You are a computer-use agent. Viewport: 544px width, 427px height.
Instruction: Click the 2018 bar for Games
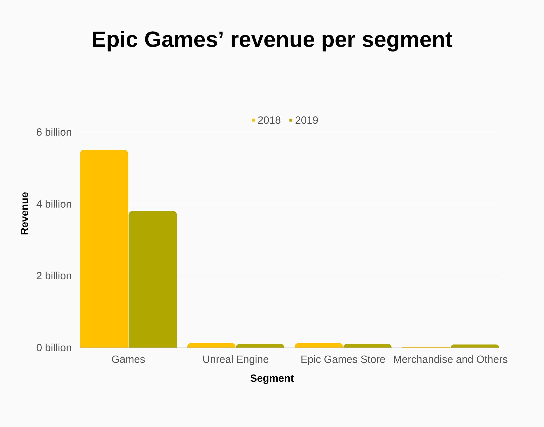tap(104, 249)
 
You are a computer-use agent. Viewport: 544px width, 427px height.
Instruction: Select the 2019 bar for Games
tap(153, 279)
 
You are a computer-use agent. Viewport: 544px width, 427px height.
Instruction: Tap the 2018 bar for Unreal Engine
tap(211, 345)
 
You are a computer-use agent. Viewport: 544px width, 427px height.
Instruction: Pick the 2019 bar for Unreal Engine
tap(260, 346)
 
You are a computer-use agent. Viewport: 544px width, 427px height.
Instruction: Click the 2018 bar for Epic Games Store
tap(319, 345)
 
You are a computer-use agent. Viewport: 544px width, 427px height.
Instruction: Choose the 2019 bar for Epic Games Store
tap(367, 346)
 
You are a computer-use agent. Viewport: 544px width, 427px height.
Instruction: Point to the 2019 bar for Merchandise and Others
tap(475, 346)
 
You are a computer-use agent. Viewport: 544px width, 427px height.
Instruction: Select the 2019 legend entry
tap(304, 120)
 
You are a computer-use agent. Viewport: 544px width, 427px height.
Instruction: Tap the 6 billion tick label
tap(54, 132)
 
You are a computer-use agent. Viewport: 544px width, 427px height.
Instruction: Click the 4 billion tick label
tap(54, 204)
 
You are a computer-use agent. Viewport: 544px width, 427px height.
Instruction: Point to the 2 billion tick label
tap(54, 276)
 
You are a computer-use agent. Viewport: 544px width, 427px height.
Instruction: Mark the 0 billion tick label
tap(54, 348)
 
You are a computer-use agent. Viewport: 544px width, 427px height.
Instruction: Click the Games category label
tap(128, 359)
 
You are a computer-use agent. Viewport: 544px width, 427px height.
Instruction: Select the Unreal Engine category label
tap(235, 359)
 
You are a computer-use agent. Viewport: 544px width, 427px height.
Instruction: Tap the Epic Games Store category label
tap(343, 359)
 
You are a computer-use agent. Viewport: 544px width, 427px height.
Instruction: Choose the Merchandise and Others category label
tap(450, 359)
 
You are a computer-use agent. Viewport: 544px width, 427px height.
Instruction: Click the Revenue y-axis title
tap(25, 213)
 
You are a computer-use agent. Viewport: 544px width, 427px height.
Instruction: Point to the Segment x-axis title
tap(272, 378)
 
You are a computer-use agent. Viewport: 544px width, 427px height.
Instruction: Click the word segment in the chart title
tap(407, 40)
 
